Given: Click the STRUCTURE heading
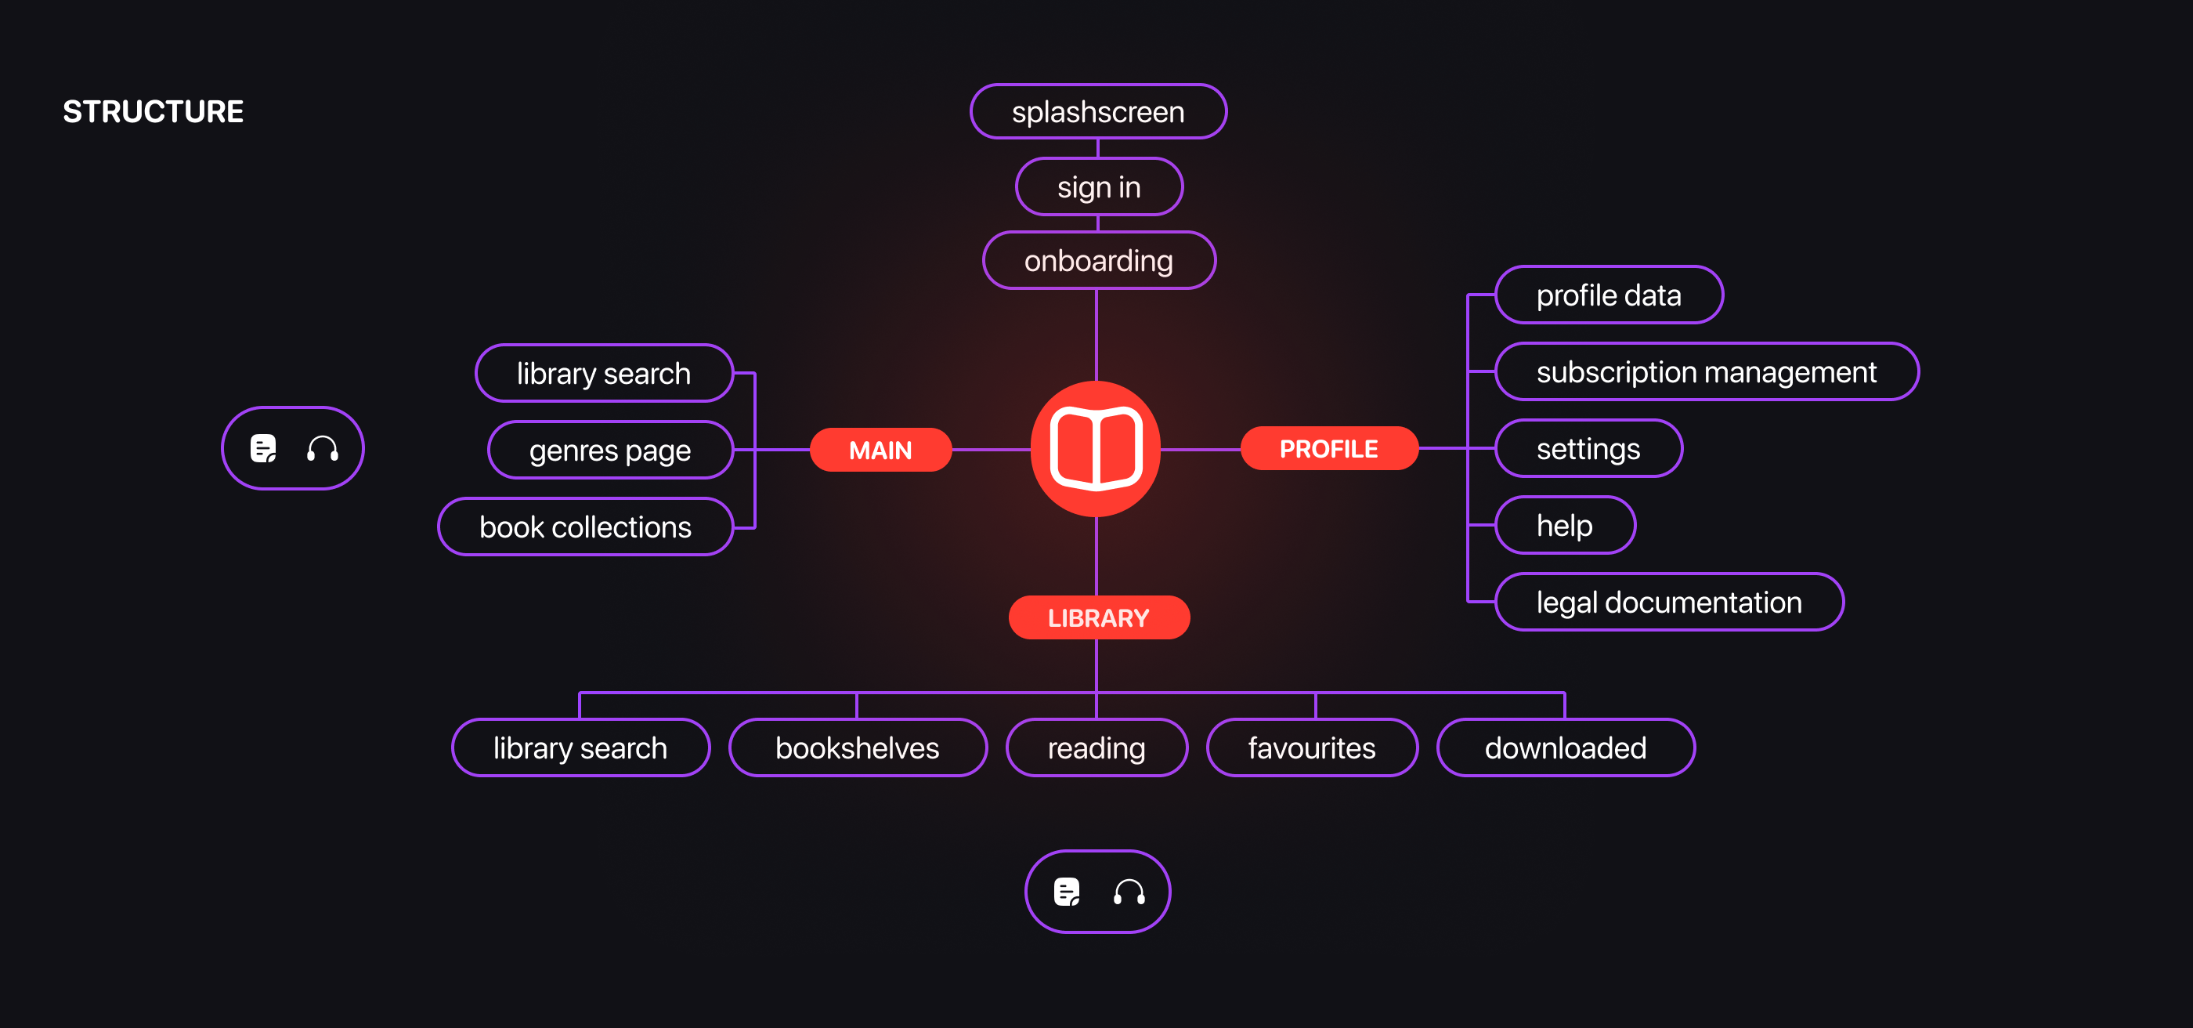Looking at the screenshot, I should pos(154,111).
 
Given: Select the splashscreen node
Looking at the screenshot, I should pos(1097,111).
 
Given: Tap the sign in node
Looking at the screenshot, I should pos(1098,186).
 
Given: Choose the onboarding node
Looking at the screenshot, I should pos(1098,261).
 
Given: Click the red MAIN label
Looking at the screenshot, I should pos(880,450).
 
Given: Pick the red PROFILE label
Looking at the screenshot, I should pos(1328,448).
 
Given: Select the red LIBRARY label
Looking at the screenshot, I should pos(1098,617).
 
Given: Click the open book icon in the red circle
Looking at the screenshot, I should pos(1096,449).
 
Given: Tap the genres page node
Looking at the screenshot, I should pos(609,450).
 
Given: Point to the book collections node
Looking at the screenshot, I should pos(585,527).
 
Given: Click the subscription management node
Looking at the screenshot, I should pos(1706,371).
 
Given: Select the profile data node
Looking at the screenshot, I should pos(1608,295).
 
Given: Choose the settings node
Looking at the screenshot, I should pos(1588,448).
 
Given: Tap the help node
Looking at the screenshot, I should pos(1564,525).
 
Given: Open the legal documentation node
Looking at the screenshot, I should pos(1668,603).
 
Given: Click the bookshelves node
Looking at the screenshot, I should pos(858,747).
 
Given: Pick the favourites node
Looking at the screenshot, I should pos(1311,747).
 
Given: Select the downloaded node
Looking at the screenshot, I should pos(1565,747).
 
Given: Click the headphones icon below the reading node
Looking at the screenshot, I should pos(1129,892).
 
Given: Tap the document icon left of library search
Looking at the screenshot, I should pos(263,448).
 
